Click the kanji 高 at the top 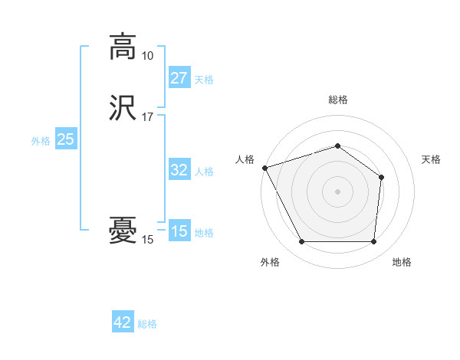[x=123, y=47]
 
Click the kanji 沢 [x=123, y=109]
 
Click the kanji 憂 [x=123, y=231]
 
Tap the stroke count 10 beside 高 [x=147, y=56]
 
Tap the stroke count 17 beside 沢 [x=147, y=118]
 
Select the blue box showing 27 [x=179, y=78]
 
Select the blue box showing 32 [x=179, y=170]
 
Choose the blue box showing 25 [x=65, y=139]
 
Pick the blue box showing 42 [x=123, y=322]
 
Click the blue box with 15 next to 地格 [x=179, y=231]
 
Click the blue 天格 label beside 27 [x=204, y=80]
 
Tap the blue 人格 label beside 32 [x=204, y=172]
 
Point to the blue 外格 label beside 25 [x=41, y=141]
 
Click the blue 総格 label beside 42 [x=147, y=324]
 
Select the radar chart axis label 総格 [x=337, y=100]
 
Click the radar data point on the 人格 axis [x=264, y=168]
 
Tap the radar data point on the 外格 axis [x=301, y=242]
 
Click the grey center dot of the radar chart [x=337, y=191]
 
